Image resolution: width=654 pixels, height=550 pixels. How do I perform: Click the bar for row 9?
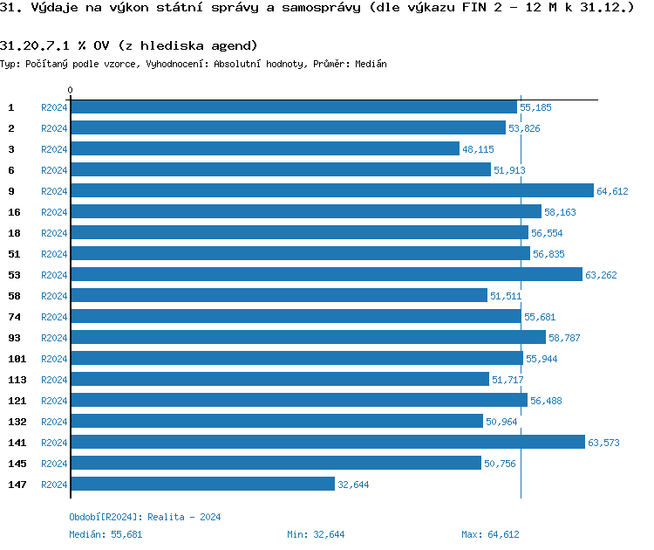(x=331, y=191)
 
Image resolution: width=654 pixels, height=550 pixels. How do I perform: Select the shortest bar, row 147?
(x=202, y=485)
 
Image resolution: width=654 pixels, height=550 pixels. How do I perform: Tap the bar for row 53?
(x=326, y=275)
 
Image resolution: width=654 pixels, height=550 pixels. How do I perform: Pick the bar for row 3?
(x=264, y=149)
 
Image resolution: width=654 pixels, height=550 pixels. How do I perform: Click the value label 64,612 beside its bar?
(x=612, y=191)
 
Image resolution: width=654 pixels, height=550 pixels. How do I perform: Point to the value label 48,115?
(x=478, y=149)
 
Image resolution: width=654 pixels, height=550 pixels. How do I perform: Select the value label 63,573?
(x=603, y=443)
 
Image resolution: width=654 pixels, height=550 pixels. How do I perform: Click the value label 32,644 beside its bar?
(x=353, y=485)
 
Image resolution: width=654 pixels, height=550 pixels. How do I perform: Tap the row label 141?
(x=17, y=443)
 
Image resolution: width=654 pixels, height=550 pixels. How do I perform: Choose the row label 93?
(x=14, y=338)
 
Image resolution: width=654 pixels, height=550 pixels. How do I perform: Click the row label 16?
(x=14, y=212)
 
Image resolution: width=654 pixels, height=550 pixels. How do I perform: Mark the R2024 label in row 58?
(x=54, y=296)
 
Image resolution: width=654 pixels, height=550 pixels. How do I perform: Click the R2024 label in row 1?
(x=54, y=107)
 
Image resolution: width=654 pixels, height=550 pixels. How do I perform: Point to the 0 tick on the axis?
(x=71, y=91)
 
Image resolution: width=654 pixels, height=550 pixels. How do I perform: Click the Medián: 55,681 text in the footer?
(x=106, y=534)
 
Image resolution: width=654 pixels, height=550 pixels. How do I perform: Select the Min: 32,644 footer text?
(x=316, y=534)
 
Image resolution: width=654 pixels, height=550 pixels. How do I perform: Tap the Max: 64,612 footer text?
(x=490, y=534)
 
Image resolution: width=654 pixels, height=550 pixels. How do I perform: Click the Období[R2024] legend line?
(x=145, y=517)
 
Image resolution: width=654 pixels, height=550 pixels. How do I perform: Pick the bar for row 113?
(x=280, y=380)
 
